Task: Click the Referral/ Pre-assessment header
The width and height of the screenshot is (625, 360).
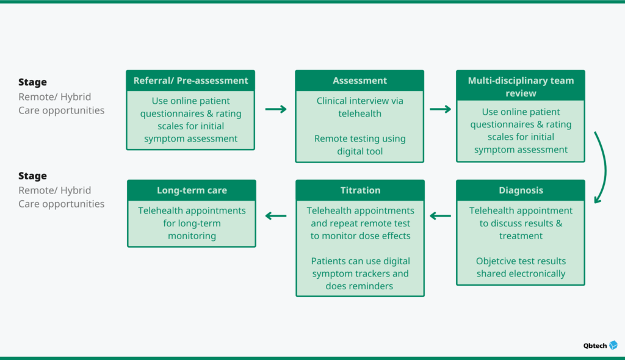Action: [190, 81]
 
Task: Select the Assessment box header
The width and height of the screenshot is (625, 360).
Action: [359, 81]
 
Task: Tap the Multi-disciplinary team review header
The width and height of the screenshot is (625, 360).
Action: [521, 87]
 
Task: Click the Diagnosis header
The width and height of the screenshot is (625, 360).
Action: [521, 190]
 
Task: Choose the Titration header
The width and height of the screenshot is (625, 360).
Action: [360, 190]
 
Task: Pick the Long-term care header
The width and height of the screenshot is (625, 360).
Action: [192, 190]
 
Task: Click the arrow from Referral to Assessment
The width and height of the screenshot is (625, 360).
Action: [275, 109]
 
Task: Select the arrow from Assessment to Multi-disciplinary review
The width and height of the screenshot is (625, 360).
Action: [440, 109]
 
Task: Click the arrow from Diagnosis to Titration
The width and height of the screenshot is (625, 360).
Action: [440, 215]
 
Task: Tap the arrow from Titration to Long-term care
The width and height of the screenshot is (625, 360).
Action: [276, 215]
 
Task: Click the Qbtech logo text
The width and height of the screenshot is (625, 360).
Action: [594, 345]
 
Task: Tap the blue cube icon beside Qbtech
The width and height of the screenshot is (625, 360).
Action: [613, 345]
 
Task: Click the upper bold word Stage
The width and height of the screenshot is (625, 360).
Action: [32, 82]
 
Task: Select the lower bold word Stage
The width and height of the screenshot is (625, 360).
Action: [32, 176]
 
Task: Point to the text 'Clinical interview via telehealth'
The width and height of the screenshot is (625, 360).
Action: [359, 107]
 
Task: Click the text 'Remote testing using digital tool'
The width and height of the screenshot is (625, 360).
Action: [359, 145]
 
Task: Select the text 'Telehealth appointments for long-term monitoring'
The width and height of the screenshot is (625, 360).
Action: [192, 223]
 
